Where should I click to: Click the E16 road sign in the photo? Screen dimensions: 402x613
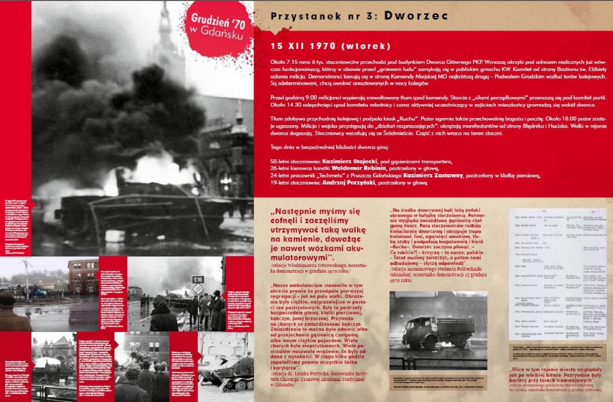[x=198, y=279]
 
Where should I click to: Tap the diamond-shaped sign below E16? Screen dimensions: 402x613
[x=198, y=289]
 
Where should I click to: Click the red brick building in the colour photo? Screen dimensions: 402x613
[x=83, y=276]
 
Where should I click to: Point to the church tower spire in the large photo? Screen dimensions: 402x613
[x=165, y=26]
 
